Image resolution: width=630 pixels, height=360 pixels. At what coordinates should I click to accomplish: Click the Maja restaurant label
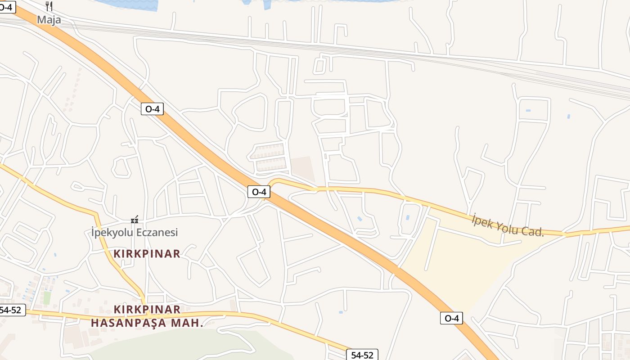click(x=49, y=20)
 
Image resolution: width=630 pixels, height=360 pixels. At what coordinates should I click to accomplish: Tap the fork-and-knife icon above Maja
click(x=49, y=6)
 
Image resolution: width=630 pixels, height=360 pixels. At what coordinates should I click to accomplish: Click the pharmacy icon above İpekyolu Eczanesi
click(x=134, y=220)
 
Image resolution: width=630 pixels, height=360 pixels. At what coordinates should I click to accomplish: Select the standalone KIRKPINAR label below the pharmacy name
click(x=147, y=254)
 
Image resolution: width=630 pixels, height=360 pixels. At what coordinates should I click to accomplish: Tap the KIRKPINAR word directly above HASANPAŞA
click(x=147, y=310)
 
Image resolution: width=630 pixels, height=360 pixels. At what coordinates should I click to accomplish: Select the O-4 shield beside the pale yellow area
click(x=451, y=318)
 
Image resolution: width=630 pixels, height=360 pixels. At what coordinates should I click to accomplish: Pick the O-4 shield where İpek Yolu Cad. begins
click(x=259, y=192)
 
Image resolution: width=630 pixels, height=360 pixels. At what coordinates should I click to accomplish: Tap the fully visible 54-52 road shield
click(x=362, y=355)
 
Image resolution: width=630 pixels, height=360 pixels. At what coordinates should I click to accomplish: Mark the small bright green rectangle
click(x=47, y=297)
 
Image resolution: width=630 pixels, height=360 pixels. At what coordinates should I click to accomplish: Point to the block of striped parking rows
click(x=268, y=157)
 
